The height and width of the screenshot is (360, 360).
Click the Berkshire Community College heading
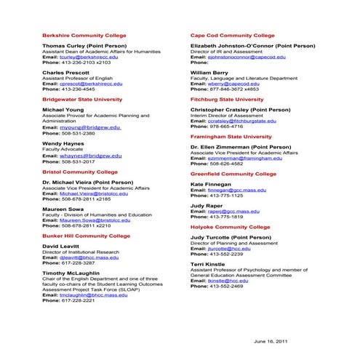click(84, 35)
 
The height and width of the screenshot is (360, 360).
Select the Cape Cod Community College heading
click(232, 35)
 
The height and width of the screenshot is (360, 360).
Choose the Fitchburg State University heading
click(227, 99)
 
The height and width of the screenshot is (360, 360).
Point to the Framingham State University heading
click(231, 136)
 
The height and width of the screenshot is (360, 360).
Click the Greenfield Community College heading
click(233, 174)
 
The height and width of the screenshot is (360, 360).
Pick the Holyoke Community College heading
click(230, 227)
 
